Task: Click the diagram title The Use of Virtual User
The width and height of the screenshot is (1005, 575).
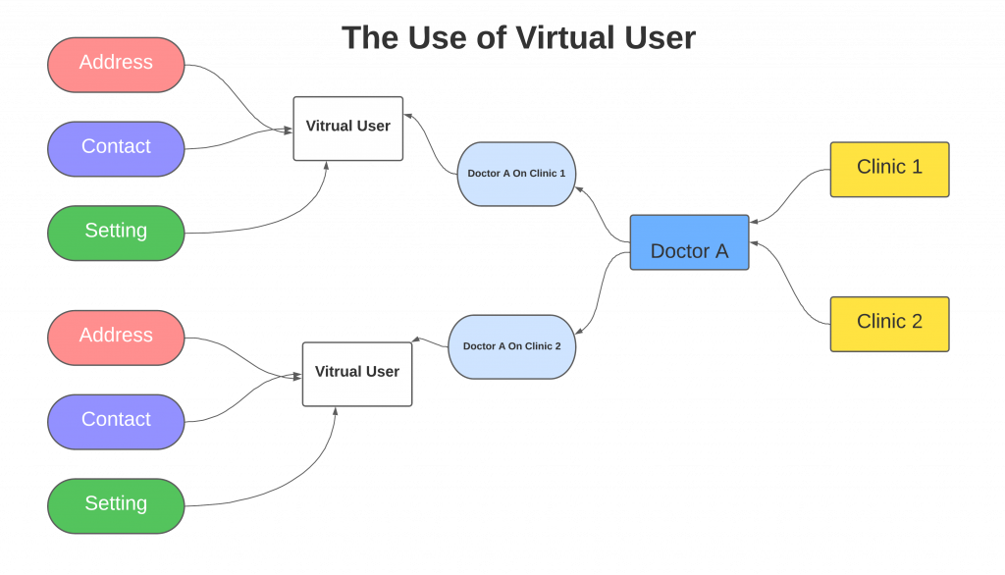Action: coord(518,38)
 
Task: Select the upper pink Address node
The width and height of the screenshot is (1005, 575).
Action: coord(116,64)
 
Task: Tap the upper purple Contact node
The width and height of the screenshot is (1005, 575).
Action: coord(116,148)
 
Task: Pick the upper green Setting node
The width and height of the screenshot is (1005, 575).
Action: coord(116,233)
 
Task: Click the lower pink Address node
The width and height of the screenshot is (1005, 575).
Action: coord(116,337)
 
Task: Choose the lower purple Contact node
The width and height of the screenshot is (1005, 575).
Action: coord(116,421)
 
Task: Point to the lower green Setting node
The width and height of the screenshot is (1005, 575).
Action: coord(116,505)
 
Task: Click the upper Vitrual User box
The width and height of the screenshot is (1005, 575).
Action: coord(347,128)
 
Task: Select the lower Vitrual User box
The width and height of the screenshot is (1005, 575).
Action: coord(356,373)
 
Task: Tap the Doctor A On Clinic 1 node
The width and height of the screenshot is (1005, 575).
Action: coord(516,174)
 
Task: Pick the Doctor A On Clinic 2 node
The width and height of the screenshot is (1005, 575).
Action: coord(512,346)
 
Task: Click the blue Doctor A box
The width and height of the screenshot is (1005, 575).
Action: coord(689,242)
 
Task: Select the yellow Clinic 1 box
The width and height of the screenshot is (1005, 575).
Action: coord(889,169)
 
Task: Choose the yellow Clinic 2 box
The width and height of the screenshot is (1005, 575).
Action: coord(889,323)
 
